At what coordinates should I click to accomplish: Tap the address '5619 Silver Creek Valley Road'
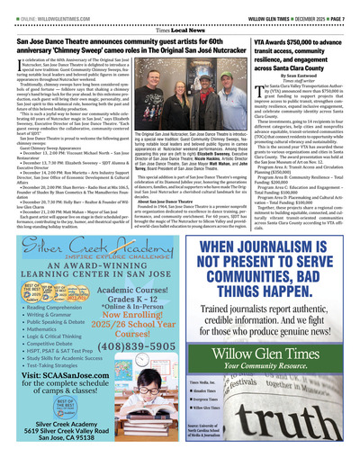click(x=61, y=437)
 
